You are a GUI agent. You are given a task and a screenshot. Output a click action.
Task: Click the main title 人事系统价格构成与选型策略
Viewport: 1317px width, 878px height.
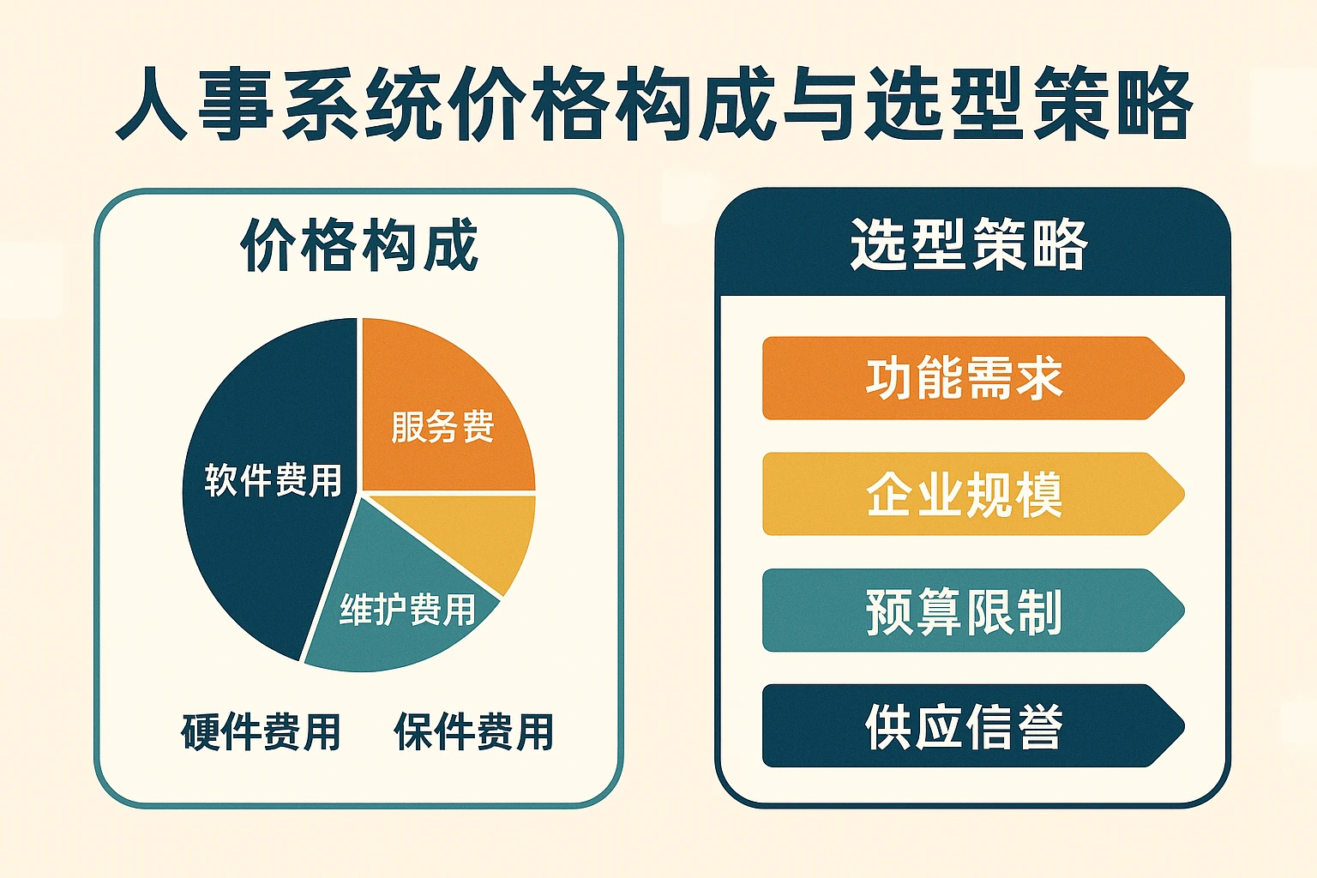(654, 105)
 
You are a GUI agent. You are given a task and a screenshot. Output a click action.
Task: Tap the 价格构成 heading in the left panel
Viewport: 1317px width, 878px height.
(359, 244)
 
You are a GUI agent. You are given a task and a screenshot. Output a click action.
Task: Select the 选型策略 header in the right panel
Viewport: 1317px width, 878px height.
(968, 244)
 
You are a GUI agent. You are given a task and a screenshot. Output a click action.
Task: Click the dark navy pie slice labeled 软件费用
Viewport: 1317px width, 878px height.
(259, 529)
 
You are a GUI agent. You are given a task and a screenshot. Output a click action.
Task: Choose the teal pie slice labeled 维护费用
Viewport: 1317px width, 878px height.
(394, 611)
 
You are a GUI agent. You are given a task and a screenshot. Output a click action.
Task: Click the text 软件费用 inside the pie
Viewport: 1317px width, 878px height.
(274, 480)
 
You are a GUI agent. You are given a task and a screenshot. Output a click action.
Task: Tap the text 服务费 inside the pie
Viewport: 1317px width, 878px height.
(442, 426)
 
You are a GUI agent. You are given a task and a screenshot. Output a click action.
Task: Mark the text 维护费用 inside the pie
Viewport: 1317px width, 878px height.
(408, 610)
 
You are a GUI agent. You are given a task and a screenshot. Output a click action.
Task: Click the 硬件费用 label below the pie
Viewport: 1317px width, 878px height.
(261, 732)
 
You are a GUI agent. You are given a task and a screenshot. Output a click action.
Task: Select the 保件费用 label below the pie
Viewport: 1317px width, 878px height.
(474, 732)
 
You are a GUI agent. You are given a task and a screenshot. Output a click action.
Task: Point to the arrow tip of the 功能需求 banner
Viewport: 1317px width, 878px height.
(1184, 378)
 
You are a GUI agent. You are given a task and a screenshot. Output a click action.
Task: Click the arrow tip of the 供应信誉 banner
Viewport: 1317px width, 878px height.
(1184, 725)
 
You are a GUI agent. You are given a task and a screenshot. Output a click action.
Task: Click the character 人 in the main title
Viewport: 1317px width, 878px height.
(152, 105)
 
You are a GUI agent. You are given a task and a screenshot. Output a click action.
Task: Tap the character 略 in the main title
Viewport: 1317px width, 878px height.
(1155, 105)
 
